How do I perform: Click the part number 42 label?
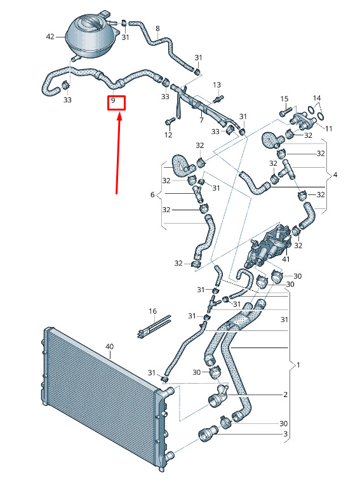click(50, 37)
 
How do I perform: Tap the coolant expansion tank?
click(92, 36)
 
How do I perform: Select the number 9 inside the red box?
click(113, 100)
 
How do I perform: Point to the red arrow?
click(118, 154)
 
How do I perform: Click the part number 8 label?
click(157, 29)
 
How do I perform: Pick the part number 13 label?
click(217, 84)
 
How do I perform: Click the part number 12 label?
click(168, 135)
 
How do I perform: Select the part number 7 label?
click(202, 119)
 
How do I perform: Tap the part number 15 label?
click(284, 99)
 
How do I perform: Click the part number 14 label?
click(317, 98)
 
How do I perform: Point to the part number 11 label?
click(328, 128)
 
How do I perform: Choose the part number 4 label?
click(335, 175)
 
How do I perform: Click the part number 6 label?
click(152, 194)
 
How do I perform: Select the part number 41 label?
click(286, 259)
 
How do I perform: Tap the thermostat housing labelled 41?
click(267, 246)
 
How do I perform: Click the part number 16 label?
click(153, 311)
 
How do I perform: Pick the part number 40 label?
click(110, 346)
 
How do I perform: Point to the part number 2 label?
click(285, 395)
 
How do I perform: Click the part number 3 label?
click(285, 434)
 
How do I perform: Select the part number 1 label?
click(298, 365)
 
